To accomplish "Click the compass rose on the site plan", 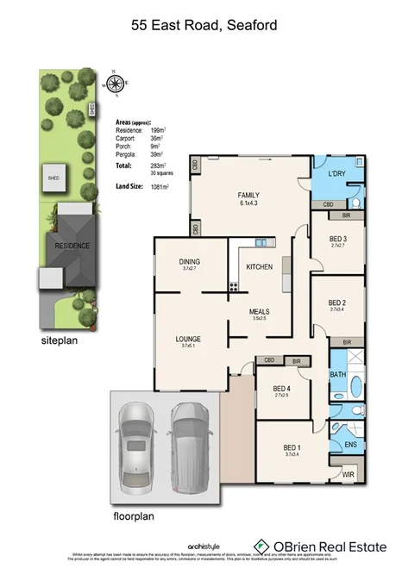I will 114,84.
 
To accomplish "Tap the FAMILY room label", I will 248,196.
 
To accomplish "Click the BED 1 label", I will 293,447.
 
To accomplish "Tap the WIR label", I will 348,474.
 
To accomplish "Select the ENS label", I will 350,445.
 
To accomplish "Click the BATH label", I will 338,375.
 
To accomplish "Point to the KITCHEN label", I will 259,267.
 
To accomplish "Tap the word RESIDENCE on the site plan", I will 72,245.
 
